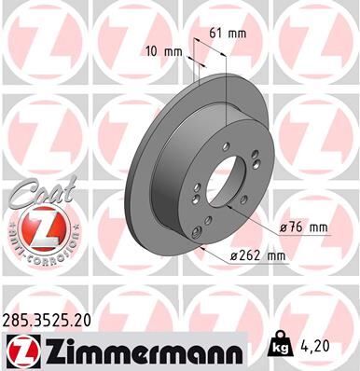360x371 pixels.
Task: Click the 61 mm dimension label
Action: coord(227,34)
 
